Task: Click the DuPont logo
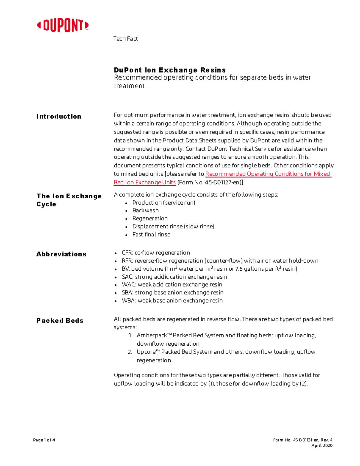pyautogui.click(x=63, y=26)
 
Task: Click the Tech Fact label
pyautogui.click(x=125, y=39)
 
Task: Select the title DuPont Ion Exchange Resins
pyautogui.click(x=169, y=70)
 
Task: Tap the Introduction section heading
pyautogui.click(x=59, y=116)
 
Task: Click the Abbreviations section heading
pyautogui.click(x=61, y=254)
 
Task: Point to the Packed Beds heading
pyautogui.click(x=60, y=321)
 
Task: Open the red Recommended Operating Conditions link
pyautogui.click(x=267, y=174)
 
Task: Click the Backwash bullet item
pyautogui.click(x=145, y=211)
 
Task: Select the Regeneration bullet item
pyautogui.click(x=150, y=218)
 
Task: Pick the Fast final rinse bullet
pyautogui.click(x=151, y=235)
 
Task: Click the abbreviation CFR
pyautogui.click(x=127, y=253)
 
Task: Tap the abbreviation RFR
pyautogui.click(x=127, y=261)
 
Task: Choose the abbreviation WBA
pyautogui.click(x=128, y=301)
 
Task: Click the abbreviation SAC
pyautogui.click(x=127, y=277)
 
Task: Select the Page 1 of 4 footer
pyautogui.click(x=44, y=440)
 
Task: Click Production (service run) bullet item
pyautogui.click(x=164, y=203)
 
